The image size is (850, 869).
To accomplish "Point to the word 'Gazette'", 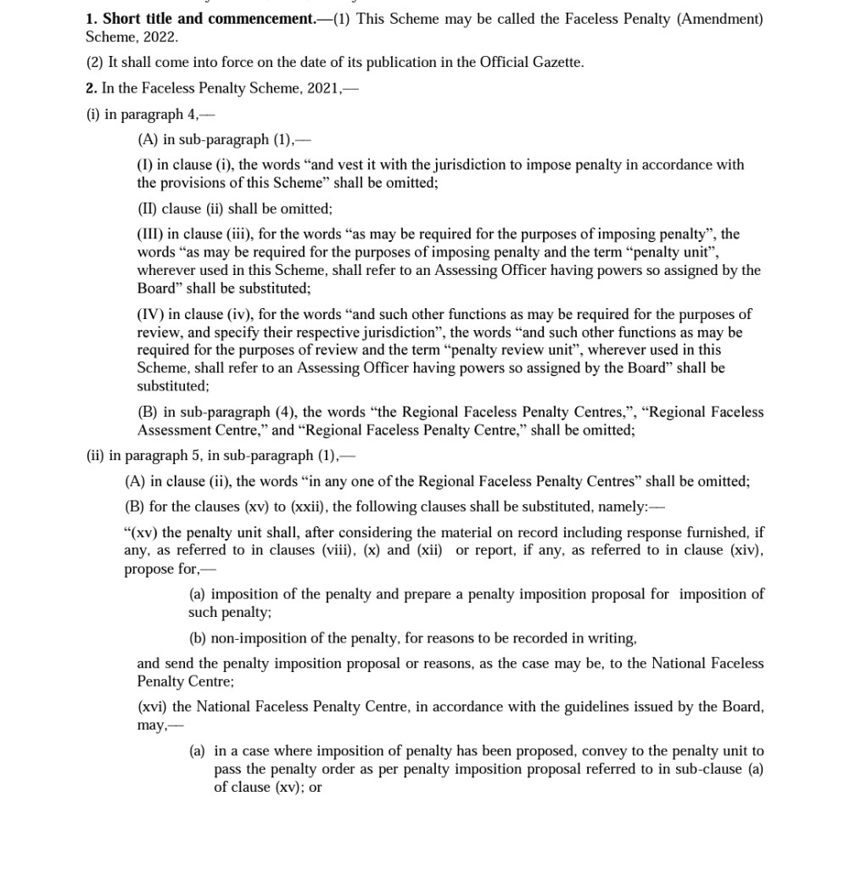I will click(556, 63).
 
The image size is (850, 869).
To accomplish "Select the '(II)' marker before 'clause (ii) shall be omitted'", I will click(148, 208).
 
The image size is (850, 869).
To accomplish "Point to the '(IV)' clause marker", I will click(150, 314).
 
